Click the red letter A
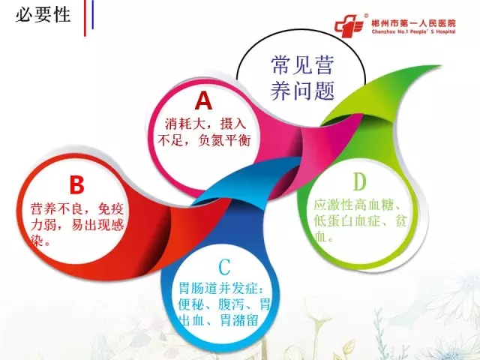pos(203,100)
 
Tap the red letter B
pos(76,184)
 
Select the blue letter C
pos(225,267)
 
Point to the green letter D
pos(359,181)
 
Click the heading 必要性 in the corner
pos(43,14)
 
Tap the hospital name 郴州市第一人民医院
pos(413,23)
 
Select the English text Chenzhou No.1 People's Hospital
pos(413,31)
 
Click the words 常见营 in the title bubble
pos(301,65)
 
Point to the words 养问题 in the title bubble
pos(301,91)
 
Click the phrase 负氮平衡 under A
pos(225,140)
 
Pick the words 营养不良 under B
pos(57,209)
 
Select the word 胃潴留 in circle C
pos(239,320)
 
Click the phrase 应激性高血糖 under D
pos(353,205)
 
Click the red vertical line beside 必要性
pos(85,18)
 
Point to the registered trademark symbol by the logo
pos(366,15)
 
